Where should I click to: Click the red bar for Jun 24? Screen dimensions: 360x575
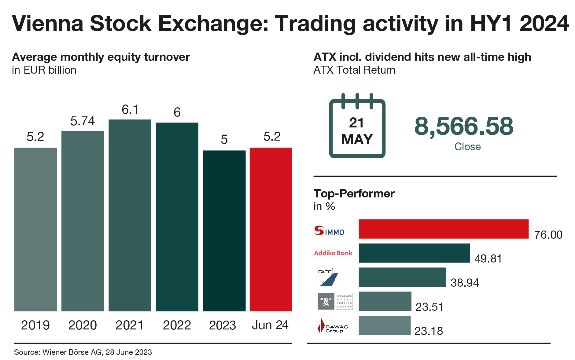click(x=271, y=229)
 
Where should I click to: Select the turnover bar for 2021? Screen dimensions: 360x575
click(x=130, y=215)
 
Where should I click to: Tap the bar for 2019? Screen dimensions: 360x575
click(x=35, y=229)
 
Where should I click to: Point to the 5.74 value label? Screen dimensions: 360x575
click(x=83, y=121)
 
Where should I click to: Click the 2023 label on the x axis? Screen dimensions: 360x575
click(x=223, y=325)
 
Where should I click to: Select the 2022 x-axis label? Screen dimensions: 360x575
click(x=177, y=325)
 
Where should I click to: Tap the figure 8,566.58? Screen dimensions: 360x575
click(x=464, y=126)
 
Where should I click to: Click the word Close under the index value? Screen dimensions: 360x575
click(x=467, y=147)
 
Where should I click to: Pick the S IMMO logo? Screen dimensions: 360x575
click(x=329, y=231)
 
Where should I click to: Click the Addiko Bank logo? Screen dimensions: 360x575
click(x=333, y=253)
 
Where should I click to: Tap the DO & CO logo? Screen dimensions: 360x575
click(x=335, y=301)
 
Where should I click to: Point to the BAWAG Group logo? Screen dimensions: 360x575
click(x=333, y=326)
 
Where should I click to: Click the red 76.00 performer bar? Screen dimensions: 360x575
click(x=443, y=229)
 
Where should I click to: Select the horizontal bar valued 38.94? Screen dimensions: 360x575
click(x=402, y=277)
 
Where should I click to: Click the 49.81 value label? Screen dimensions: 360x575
click(x=488, y=259)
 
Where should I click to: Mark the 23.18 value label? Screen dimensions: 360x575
click(x=429, y=331)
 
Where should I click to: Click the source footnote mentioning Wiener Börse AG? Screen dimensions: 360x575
click(x=83, y=352)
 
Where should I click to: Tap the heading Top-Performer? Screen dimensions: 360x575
click(x=354, y=194)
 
